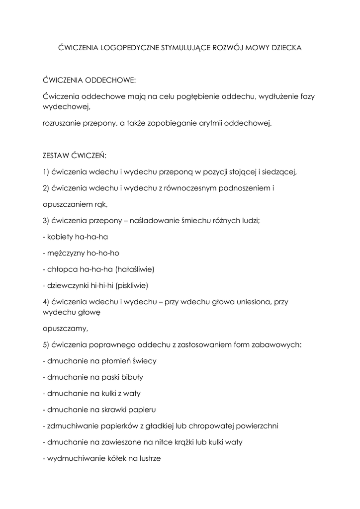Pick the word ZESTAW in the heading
pyautogui.click(x=56, y=156)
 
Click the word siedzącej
pyautogui.click(x=278, y=172)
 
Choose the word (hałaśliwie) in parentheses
pyautogui.click(x=135, y=269)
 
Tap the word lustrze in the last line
pyautogui.click(x=148, y=459)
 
